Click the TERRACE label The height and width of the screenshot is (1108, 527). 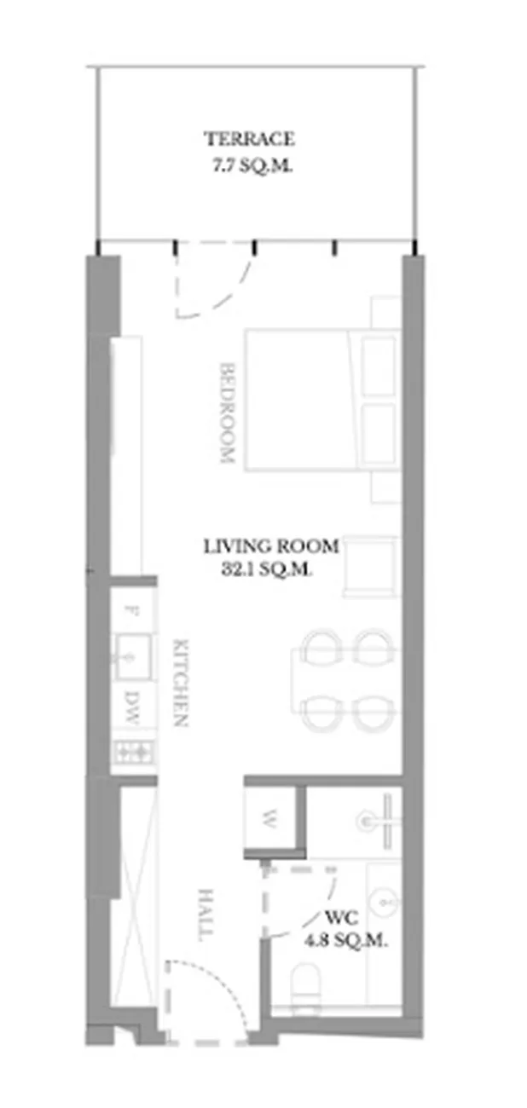[250, 139]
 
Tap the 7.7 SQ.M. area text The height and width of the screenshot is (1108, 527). [252, 165]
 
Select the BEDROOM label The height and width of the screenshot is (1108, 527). [227, 413]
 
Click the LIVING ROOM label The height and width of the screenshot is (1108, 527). [271, 546]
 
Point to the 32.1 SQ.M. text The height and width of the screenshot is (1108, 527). [266, 569]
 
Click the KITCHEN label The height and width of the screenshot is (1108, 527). [181, 683]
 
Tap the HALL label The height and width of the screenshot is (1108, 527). [206, 915]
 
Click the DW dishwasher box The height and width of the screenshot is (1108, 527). [131, 709]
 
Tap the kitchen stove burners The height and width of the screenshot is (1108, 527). [133, 753]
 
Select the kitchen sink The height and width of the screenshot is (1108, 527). [133, 657]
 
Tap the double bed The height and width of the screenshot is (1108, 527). [322, 400]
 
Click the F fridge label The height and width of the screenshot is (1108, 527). [130, 610]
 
